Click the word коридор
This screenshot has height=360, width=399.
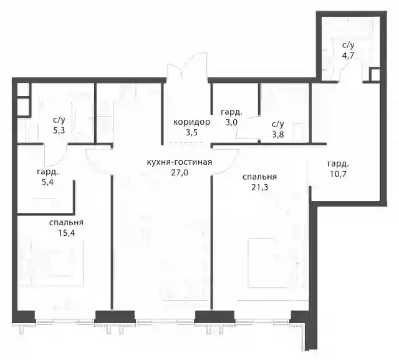(x=191, y=122)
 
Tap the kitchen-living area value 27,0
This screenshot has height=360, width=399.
(x=180, y=173)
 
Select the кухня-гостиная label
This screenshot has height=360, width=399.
(x=180, y=162)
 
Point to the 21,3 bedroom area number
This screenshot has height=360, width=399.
(x=259, y=187)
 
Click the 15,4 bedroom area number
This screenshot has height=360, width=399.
(x=67, y=233)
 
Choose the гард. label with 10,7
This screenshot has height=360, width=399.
(x=338, y=164)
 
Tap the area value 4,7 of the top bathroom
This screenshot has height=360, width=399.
(x=348, y=56)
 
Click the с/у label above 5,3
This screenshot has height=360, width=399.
(x=59, y=120)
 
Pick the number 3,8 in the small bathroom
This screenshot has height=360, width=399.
(x=278, y=134)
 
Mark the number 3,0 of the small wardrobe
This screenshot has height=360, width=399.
(x=231, y=122)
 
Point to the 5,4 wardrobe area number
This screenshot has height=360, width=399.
(x=47, y=182)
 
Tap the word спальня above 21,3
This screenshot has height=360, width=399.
(x=259, y=177)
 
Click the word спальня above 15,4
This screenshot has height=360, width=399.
(x=67, y=223)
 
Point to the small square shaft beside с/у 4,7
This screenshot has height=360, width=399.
(x=374, y=75)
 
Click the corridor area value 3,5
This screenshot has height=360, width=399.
(x=191, y=133)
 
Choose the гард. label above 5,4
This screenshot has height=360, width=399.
(x=48, y=172)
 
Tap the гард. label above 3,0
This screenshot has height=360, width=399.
(x=231, y=112)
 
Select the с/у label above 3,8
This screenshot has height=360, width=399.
(x=278, y=124)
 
